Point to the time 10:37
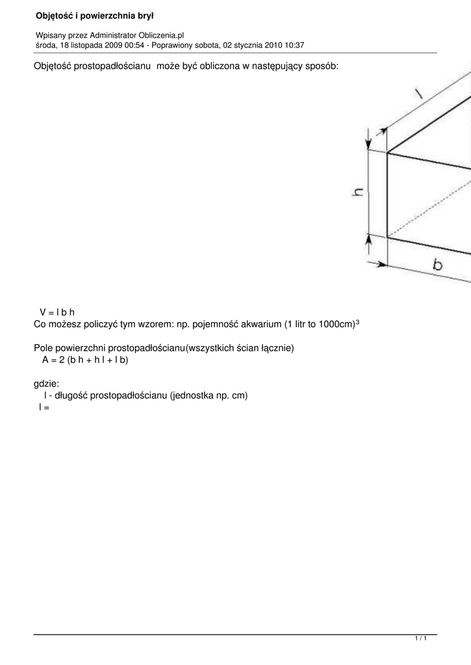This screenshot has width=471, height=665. (294, 45)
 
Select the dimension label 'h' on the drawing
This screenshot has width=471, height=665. (358, 193)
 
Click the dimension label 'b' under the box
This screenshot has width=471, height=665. (438, 264)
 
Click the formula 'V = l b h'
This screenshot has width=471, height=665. (58, 312)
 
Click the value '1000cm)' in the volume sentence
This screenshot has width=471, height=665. (336, 323)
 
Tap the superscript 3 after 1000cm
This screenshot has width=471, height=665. (358, 321)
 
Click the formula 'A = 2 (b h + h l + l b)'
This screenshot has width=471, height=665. (85, 359)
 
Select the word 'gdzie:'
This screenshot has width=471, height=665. (46, 384)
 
